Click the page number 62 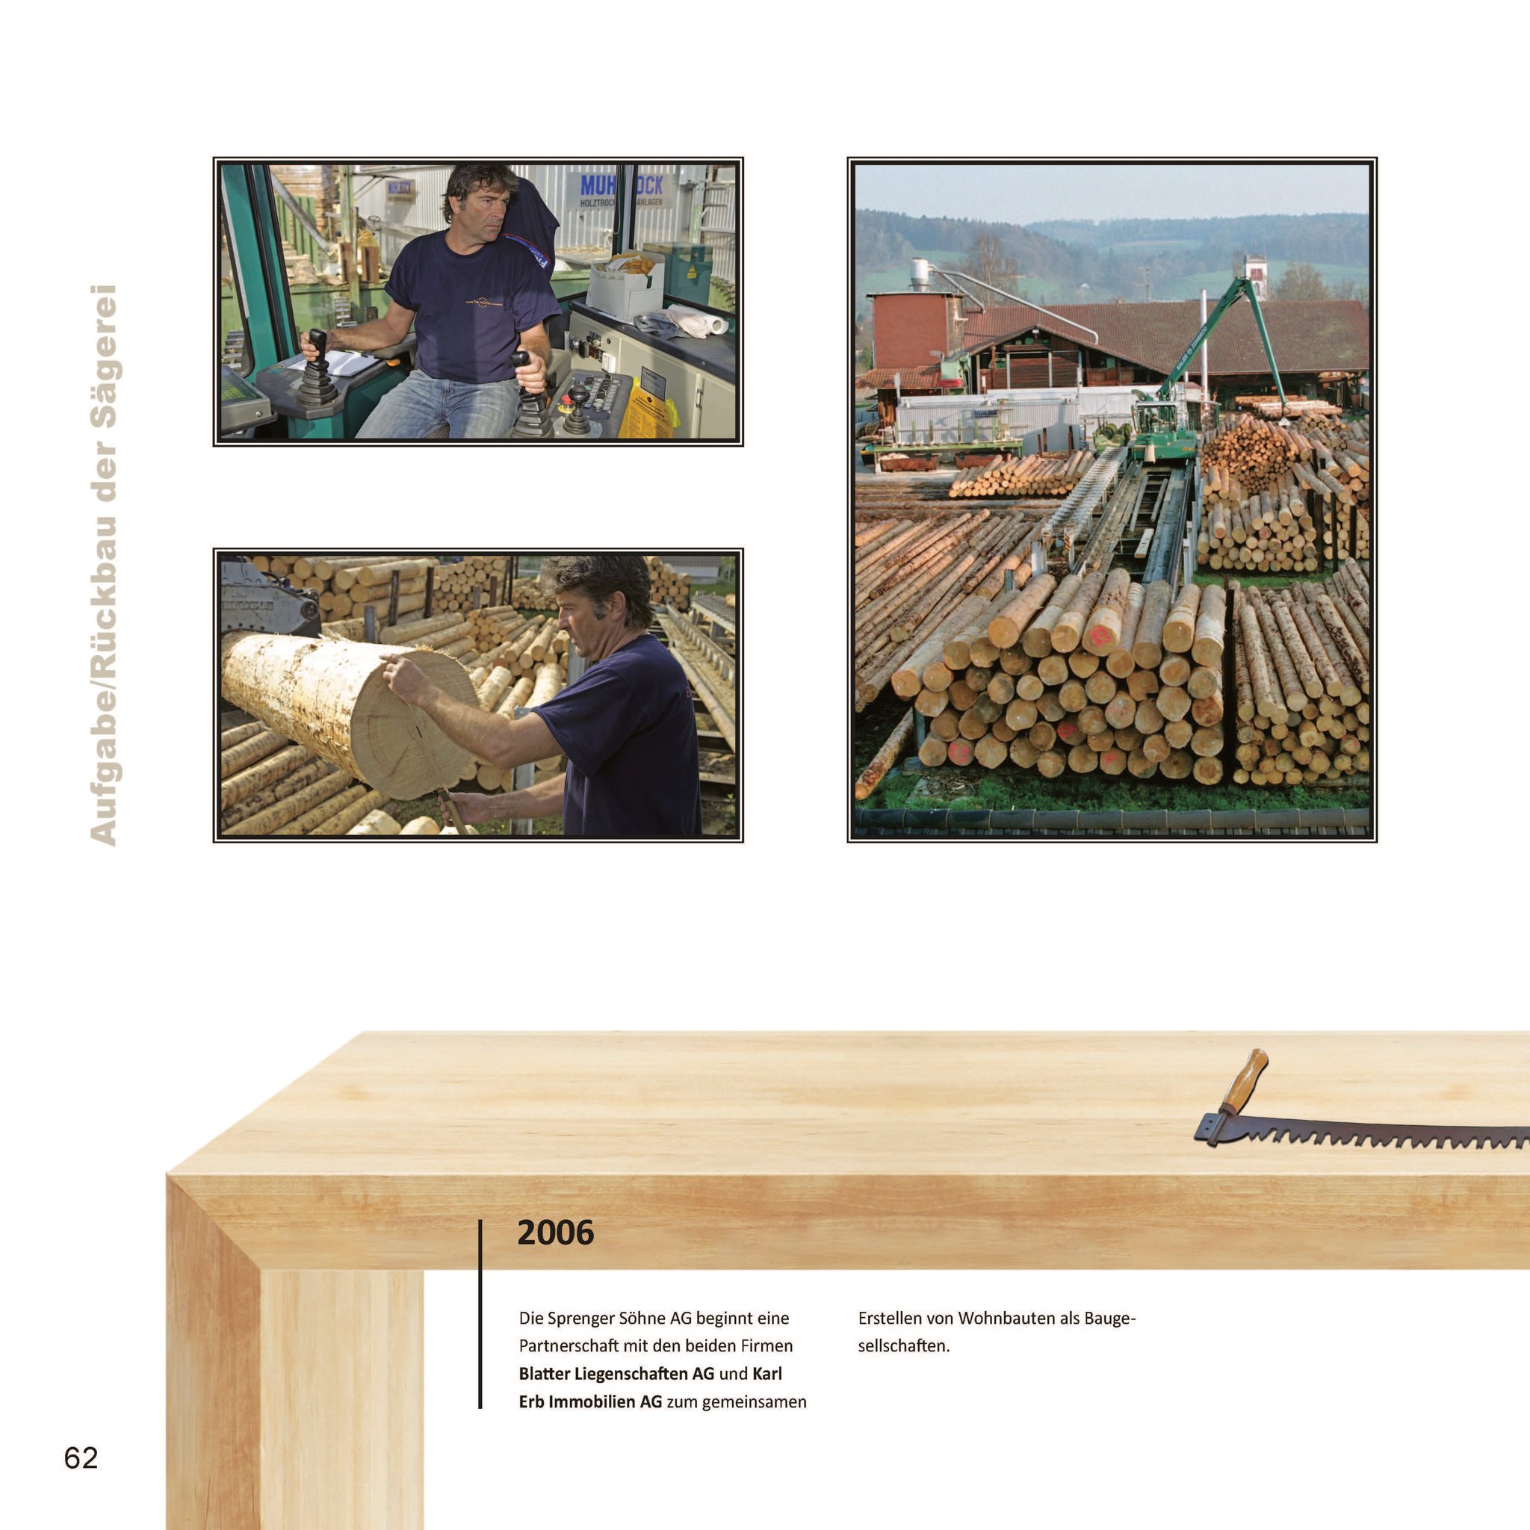(x=81, y=1457)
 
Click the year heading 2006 (x=555, y=1232)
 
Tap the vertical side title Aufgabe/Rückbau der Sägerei (x=105, y=565)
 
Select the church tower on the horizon (x=1256, y=277)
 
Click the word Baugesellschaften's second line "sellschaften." (x=904, y=1345)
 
